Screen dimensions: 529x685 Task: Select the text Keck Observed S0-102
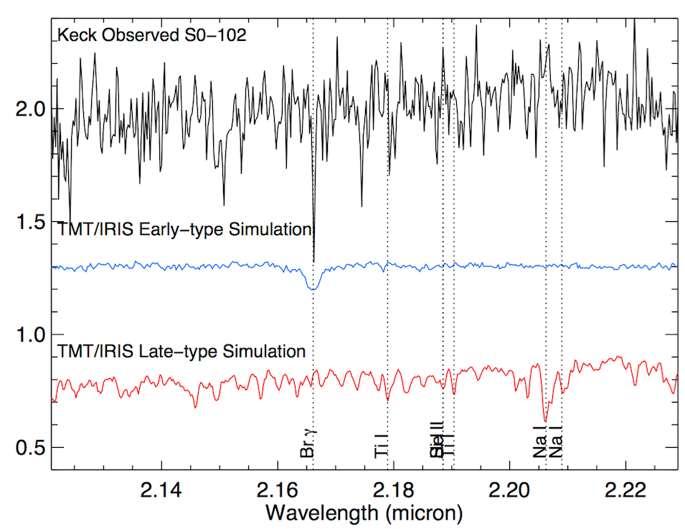(151, 35)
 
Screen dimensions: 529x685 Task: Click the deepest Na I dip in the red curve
(545, 419)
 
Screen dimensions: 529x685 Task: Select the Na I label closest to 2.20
(540, 441)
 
